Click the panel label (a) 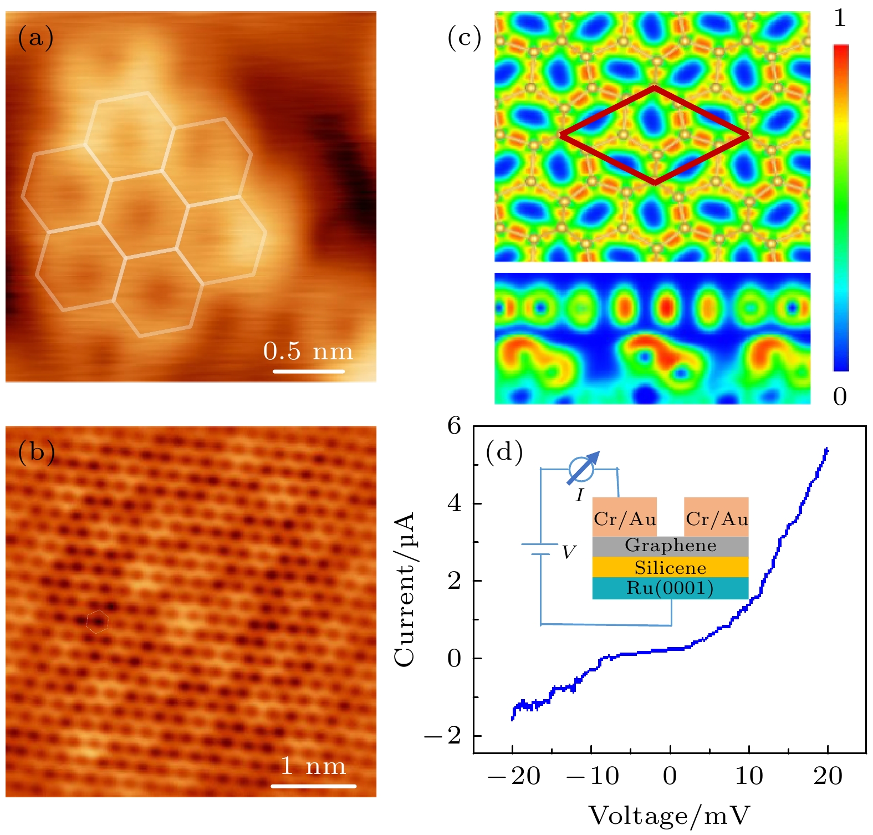[x=35, y=38]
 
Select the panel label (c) [x=464, y=38]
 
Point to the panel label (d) [x=504, y=452]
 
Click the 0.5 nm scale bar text [x=308, y=352]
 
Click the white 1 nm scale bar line [x=313, y=786]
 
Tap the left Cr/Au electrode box [x=625, y=517]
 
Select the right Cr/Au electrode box [x=716, y=517]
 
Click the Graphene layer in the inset [x=670, y=546]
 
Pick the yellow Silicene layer [x=670, y=567]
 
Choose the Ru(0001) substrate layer [x=670, y=588]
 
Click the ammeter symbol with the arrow [x=581, y=469]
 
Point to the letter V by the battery [x=569, y=552]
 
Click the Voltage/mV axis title [x=669, y=816]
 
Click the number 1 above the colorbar [x=840, y=19]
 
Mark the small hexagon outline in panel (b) [x=98, y=621]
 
